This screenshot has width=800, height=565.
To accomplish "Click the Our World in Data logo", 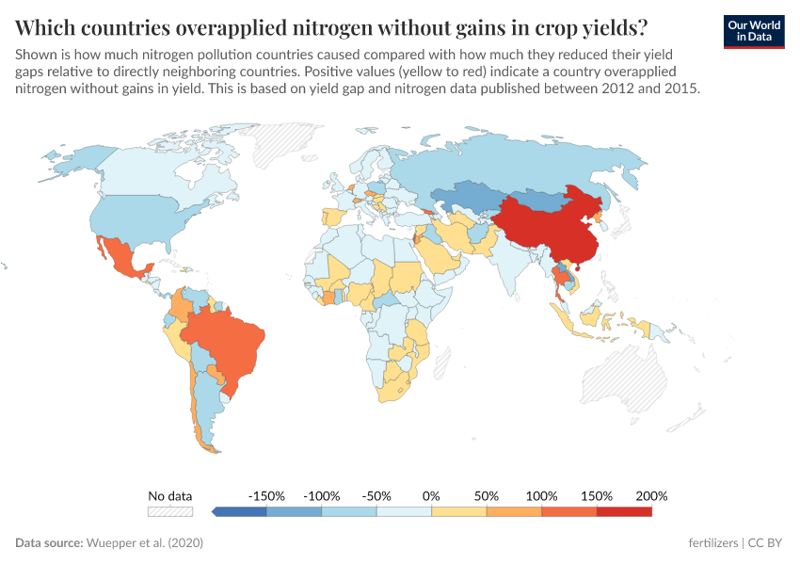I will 753,31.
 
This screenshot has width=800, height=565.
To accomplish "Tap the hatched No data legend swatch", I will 169,511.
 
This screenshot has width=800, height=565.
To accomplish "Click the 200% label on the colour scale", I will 651,495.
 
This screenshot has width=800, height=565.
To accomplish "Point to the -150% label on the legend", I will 266,495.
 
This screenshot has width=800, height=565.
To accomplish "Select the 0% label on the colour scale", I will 431,495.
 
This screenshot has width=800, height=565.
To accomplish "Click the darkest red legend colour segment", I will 624,511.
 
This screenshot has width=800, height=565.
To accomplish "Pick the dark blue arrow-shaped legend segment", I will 240,511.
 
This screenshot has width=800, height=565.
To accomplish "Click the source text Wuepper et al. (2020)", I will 145,543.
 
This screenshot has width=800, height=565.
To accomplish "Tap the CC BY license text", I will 766,543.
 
